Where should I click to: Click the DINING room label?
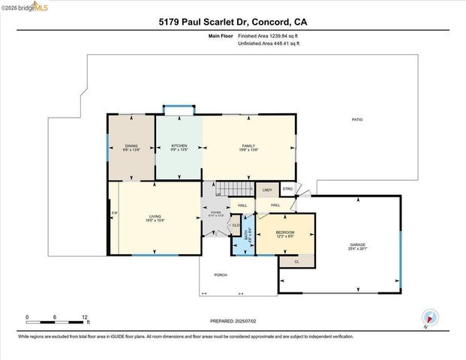point(131,145)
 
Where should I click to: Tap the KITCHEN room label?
point(179,145)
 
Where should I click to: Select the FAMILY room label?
point(248,145)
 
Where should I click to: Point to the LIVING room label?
point(155,217)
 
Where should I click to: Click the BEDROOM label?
point(285,232)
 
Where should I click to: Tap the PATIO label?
point(357,120)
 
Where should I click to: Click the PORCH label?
point(221,275)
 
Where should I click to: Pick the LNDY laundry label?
point(266,191)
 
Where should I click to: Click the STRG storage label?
point(287,188)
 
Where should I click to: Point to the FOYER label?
point(216,213)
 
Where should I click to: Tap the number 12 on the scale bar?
point(86,317)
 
